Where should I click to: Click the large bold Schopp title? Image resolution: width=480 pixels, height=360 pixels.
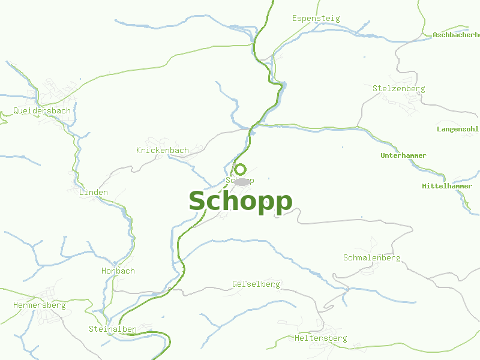pos(241,202)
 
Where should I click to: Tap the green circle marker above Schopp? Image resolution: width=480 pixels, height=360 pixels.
pos(240,169)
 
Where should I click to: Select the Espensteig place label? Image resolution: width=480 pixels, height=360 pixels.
pos(316,18)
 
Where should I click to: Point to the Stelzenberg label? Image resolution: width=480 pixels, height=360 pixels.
pos(398,88)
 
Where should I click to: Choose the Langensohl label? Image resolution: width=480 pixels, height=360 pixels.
pos(458,129)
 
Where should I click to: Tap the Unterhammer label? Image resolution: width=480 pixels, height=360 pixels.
pos(403,155)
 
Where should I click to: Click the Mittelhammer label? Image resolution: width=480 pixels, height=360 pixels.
pos(447,186)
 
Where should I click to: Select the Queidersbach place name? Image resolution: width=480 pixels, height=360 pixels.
pos(42,110)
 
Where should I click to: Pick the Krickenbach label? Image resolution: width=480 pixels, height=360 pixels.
pos(162,150)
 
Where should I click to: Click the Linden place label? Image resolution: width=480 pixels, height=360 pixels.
pos(94,192)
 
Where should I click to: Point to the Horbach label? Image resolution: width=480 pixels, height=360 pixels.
pos(118,271)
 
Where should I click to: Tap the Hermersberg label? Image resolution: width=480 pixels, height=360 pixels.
pos(39,305)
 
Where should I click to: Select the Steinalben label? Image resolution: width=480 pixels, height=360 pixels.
pos(113,329)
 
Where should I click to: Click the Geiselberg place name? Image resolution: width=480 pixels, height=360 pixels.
pos(256,284)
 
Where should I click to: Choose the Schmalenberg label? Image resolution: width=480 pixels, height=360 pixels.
pos(371,257)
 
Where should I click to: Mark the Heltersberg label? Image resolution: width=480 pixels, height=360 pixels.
pos(320,338)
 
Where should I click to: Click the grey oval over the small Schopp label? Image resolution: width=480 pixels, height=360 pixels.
pos(241,181)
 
